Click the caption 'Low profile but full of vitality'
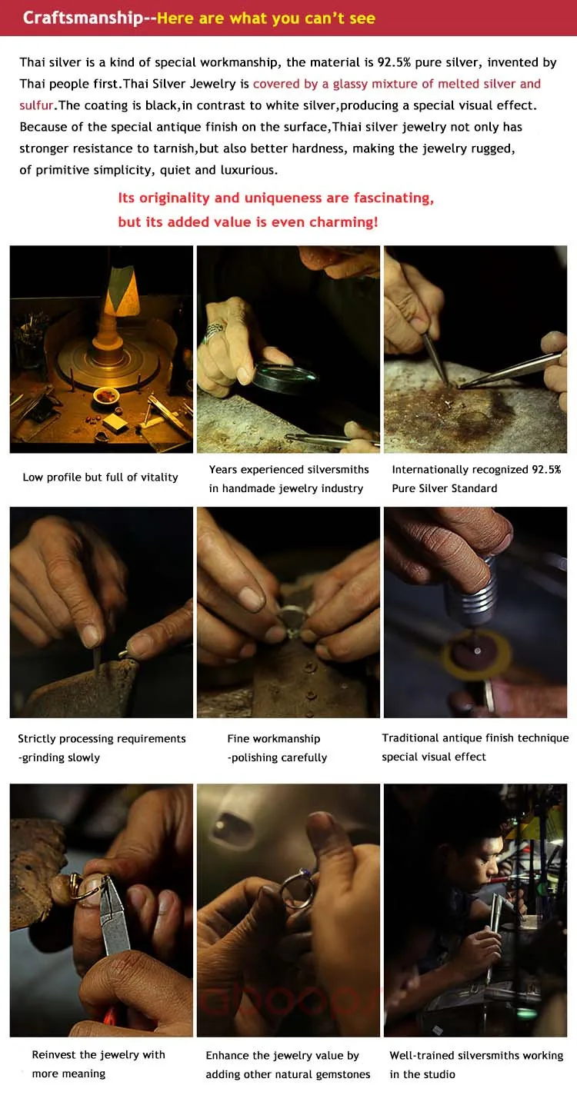point(100,478)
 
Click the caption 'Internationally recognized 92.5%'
point(476,470)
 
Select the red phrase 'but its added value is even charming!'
point(248,222)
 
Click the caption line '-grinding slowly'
point(59,757)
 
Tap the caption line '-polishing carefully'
point(277,757)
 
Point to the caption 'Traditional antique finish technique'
point(475,738)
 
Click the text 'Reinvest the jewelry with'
point(98,1055)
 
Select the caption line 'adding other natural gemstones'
point(288,1074)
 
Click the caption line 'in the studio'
point(422,1074)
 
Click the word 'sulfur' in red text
point(35,105)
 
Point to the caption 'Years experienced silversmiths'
point(288,470)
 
